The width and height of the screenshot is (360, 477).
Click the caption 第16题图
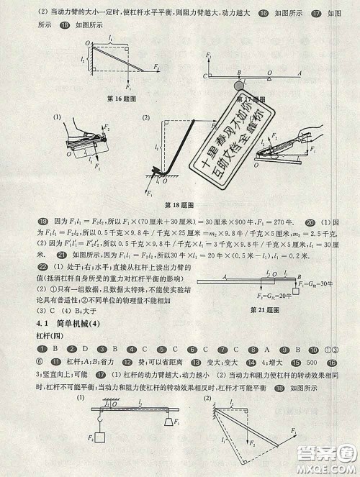click(x=111, y=97)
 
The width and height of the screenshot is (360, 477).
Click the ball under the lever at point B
click(x=239, y=86)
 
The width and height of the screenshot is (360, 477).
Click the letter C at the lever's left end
click(x=204, y=74)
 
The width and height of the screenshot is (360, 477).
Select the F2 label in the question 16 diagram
click(x=156, y=67)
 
